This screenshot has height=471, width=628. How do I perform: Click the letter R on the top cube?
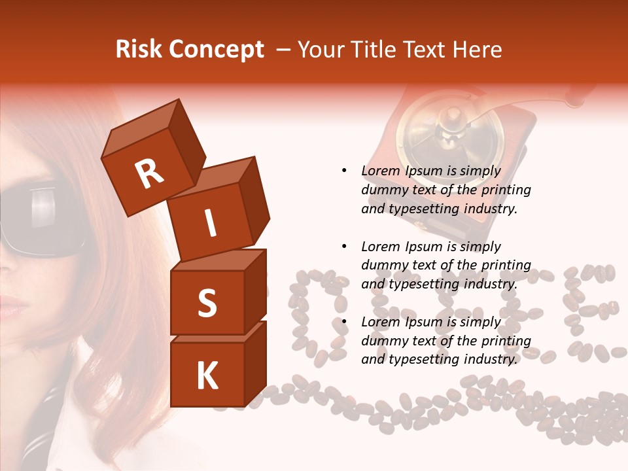[149, 173]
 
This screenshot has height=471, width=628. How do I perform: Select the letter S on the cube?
[207, 303]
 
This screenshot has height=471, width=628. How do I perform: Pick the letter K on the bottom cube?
[207, 376]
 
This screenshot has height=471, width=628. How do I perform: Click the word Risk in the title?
[139, 49]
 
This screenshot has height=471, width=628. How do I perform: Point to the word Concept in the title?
[216, 50]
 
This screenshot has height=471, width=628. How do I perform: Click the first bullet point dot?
[344, 171]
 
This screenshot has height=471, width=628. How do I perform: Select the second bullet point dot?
[344, 247]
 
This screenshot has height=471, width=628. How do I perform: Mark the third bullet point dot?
[344, 322]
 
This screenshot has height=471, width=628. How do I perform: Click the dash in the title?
[284, 50]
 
